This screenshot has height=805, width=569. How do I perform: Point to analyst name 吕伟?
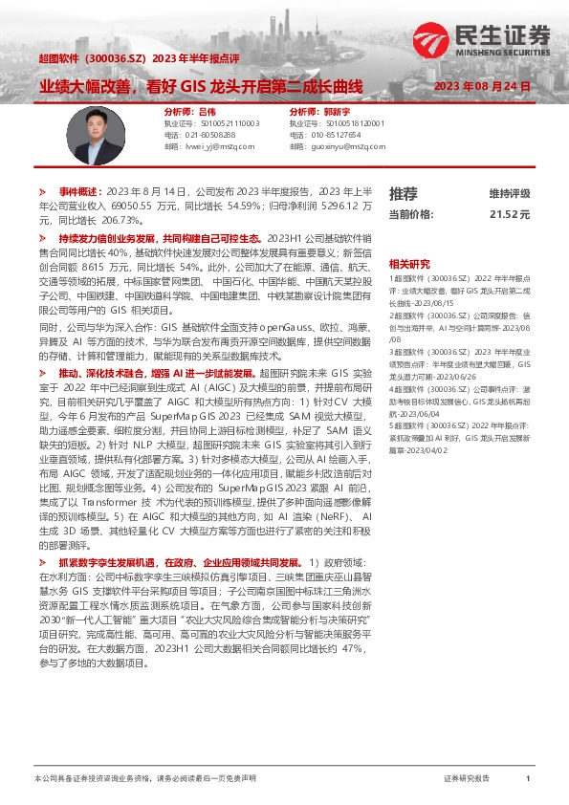pos(207,112)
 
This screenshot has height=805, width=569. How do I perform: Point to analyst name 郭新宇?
pos(336,112)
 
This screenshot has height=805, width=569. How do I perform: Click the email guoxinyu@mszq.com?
pos(340,147)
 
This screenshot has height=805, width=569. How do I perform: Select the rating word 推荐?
pos(403,193)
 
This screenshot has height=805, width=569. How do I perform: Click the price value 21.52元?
pos(509,215)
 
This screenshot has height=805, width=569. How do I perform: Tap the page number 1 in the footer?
pos(528,779)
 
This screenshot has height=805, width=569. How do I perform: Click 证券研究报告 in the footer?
pos(467,779)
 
